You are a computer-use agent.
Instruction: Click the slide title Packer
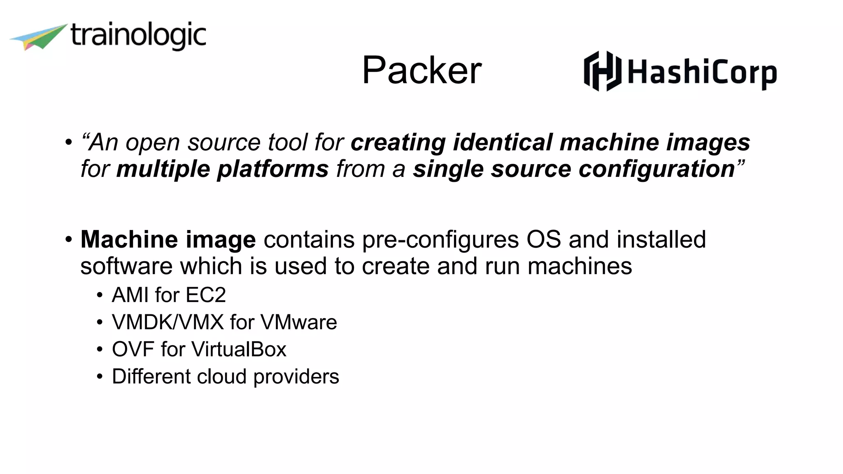click(421, 70)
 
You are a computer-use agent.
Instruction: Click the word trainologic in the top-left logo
click(138, 36)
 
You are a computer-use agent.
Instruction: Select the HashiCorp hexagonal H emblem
click(602, 71)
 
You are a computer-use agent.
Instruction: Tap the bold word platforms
click(272, 169)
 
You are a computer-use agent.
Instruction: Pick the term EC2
click(206, 295)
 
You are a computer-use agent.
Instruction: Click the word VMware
click(299, 322)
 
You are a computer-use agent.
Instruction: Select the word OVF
click(133, 349)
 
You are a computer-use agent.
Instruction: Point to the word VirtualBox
click(239, 349)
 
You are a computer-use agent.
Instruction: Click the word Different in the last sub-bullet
click(151, 376)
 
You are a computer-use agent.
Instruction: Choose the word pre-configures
click(440, 240)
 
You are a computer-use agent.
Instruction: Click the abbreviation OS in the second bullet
click(544, 239)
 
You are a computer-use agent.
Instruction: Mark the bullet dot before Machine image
click(68, 239)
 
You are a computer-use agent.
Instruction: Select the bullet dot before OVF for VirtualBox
click(100, 350)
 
